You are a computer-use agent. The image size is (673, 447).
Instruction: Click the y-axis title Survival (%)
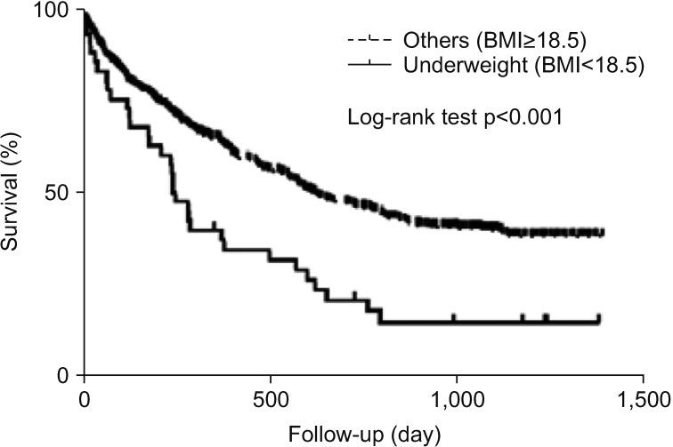pos(14,193)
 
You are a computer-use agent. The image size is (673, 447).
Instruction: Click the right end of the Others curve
pos(603,233)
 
